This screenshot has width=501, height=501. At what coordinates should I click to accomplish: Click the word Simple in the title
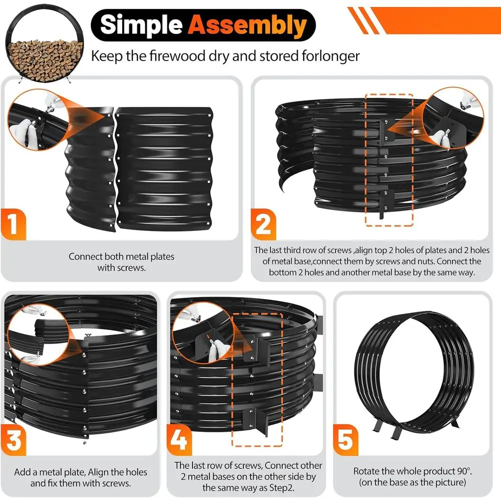click(141, 25)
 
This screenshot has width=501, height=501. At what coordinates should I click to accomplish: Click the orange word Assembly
click(247, 25)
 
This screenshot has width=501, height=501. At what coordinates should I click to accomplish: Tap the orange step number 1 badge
click(13, 224)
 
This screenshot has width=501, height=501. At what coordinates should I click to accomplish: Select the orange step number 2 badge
click(264, 224)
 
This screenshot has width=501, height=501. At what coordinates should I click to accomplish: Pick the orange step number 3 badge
click(14, 440)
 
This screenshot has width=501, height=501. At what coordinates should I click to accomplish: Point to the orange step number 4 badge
click(179, 440)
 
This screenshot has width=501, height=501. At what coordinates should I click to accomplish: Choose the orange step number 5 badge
click(346, 440)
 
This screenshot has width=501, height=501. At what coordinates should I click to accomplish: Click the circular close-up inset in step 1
click(39, 120)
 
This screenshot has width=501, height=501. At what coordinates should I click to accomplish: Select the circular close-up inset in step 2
click(453, 119)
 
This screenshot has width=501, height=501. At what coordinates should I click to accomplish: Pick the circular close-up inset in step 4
click(204, 333)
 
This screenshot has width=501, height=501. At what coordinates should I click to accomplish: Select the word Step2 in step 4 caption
click(280, 488)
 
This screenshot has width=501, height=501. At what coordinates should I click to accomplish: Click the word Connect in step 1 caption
click(85, 257)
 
